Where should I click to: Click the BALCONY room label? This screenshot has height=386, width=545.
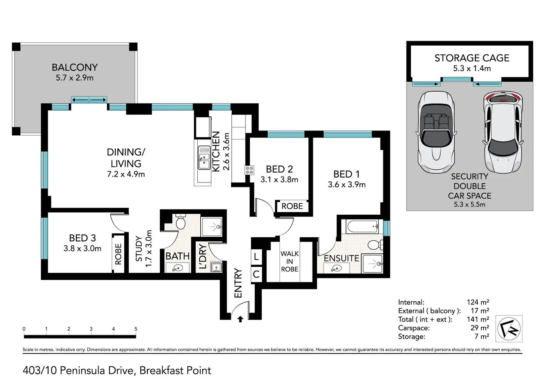pos(75,67)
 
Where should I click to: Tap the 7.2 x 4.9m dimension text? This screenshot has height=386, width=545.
pos(126,174)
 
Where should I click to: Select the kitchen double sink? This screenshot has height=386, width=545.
pos(204,158)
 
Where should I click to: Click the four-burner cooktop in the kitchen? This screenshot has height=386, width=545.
pos(249,170)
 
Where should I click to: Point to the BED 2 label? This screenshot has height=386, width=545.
pos(279,169)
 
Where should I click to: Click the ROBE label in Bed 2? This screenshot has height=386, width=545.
pos(292,206)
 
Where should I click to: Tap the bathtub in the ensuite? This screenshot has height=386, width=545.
pos(362,226)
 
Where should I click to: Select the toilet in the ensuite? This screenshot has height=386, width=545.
pos(375,245)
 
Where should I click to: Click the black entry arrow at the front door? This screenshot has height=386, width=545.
pos(240,319)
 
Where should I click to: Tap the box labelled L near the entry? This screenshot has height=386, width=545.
pos(256,257)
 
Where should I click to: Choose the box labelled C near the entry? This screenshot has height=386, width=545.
pos(256,274)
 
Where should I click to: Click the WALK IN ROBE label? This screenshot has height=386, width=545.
pos(290,261)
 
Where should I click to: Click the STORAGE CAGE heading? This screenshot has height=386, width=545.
pos(472,58)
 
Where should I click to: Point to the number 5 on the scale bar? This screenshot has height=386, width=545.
pos(136,329)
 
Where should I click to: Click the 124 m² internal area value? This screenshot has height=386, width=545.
pos(478,302)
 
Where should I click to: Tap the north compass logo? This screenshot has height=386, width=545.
pos(509,329)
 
